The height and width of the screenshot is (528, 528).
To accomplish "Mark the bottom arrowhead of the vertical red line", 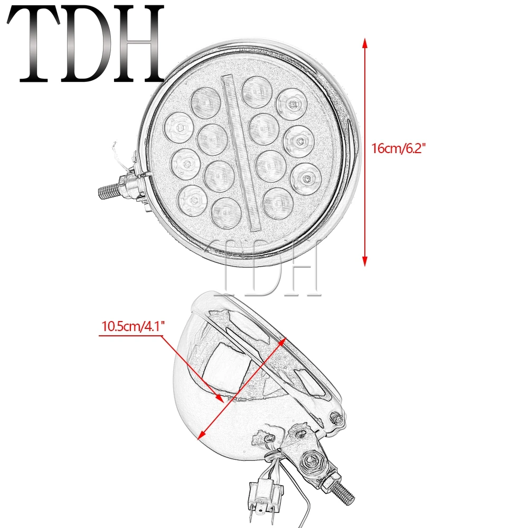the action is tap(364, 260).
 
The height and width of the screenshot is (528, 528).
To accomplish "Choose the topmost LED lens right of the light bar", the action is tap(255, 90).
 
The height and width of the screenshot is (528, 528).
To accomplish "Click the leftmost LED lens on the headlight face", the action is tap(178, 127).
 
